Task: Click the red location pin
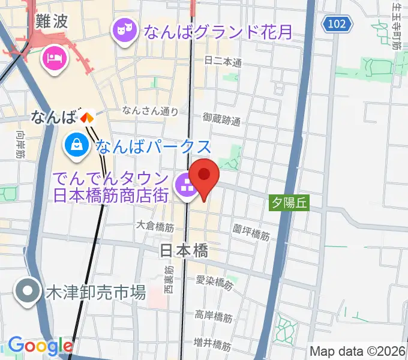click(205, 176)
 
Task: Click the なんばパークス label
click(154, 146)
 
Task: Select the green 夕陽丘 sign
click(288, 202)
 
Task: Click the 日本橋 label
click(184, 251)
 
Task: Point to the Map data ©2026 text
click(358, 350)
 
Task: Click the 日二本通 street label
click(223, 62)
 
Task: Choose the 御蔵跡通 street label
click(221, 119)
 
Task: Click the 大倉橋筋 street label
click(155, 227)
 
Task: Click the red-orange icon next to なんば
click(88, 118)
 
